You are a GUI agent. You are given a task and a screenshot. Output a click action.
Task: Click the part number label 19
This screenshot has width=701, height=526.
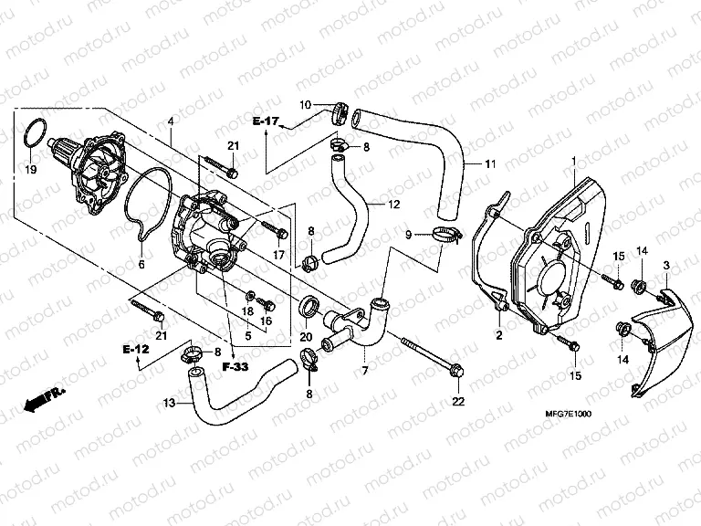tap(31, 170)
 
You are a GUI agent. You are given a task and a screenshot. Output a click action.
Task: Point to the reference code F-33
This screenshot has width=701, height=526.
tap(234, 366)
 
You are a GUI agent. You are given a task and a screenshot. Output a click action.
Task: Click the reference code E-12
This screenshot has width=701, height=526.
tap(137, 348)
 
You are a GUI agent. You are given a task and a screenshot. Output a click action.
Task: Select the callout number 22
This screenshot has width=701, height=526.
tap(457, 402)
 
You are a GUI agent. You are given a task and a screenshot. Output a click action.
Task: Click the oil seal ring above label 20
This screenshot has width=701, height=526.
tap(310, 306)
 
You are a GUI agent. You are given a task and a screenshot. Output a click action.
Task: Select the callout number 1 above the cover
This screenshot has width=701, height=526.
tap(572, 161)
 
